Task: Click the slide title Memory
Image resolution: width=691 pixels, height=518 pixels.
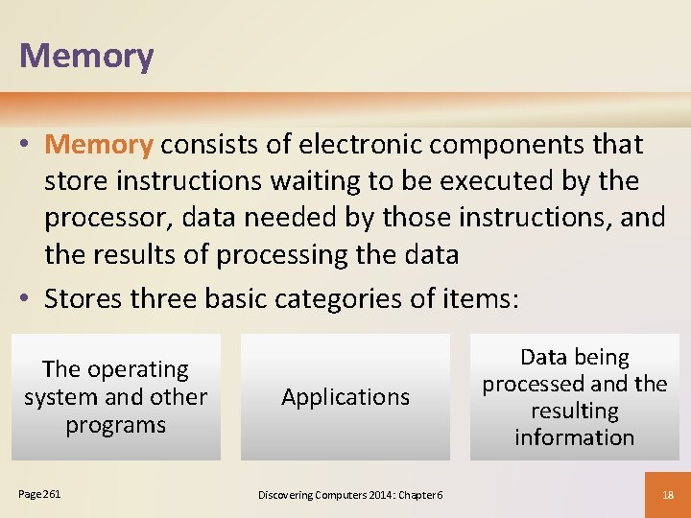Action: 86,57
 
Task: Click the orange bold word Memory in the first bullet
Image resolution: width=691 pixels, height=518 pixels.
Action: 99,145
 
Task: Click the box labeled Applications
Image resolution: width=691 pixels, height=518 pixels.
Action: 345,396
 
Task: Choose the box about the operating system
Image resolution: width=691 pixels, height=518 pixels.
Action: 116,396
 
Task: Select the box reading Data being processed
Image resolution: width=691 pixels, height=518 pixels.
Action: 574,396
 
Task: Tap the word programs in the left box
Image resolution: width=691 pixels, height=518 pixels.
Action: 116,424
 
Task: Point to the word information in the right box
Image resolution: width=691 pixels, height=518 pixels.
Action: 574,437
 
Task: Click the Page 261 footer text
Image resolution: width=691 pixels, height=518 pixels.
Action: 39,494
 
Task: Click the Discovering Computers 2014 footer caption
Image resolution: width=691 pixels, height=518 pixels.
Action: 350,495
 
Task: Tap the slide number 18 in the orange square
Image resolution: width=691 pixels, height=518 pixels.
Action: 669,495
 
